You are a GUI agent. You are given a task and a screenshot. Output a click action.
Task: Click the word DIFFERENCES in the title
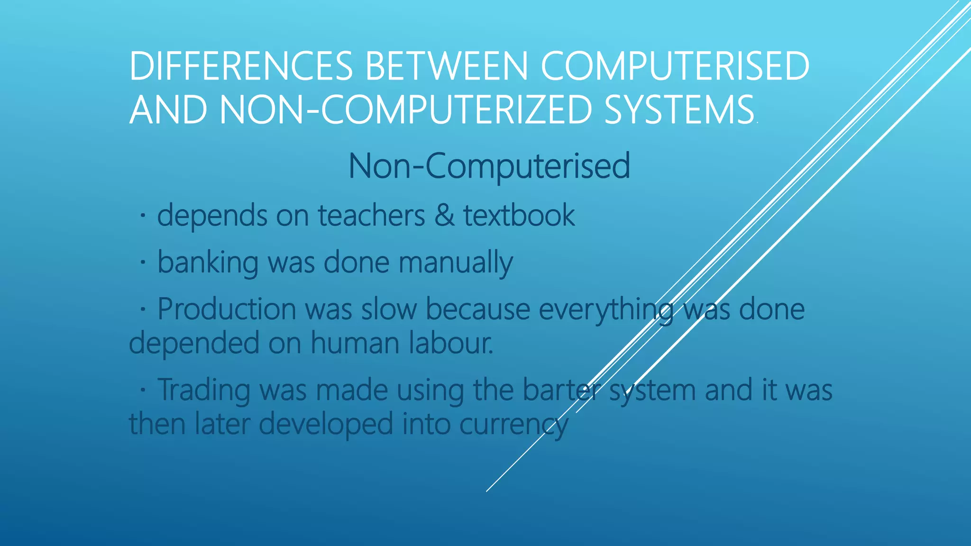(x=241, y=66)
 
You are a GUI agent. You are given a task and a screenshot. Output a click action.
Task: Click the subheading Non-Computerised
(x=489, y=166)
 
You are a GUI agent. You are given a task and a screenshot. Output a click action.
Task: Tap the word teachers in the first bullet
(x=371, y=216)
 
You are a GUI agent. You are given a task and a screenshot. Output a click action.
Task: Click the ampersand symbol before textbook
(x=444, y=216)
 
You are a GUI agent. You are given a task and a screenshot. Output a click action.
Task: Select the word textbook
(x=519, y=216)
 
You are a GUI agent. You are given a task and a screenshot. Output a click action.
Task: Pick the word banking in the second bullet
(x=208, y=263)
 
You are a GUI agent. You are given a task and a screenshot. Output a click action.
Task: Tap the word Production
(x=227, y=309)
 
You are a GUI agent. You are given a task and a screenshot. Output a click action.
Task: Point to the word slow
(x=389, y=309)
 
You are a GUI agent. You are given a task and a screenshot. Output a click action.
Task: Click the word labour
(x=451, y=343)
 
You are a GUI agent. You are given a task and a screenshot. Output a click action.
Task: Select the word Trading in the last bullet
(x=203, y=390)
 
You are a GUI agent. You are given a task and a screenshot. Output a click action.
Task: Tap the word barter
(x=561, y=390)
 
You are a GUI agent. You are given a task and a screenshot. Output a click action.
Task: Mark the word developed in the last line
(x=326, y=424)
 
